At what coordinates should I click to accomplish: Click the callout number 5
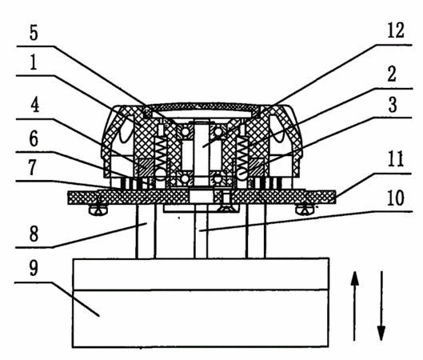34,33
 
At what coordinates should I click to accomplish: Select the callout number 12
396,30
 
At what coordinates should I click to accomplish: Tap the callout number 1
34,62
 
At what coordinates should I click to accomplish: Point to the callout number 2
392,74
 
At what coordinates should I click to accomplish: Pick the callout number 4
35,105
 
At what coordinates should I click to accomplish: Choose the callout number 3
393,105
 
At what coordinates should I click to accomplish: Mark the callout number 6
34,138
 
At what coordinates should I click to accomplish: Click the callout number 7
32,167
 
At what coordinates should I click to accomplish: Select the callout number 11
396,159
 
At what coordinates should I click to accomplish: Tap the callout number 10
396,198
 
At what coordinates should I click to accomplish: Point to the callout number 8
34,234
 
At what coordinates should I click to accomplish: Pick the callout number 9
34,268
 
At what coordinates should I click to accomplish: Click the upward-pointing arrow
354,306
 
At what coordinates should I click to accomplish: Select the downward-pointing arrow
381,306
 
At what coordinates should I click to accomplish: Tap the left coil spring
162,153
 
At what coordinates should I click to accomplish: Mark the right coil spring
241,153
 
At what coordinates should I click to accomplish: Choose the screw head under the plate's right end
305,210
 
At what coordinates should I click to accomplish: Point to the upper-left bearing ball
185,131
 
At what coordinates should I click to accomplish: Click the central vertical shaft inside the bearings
202,153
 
